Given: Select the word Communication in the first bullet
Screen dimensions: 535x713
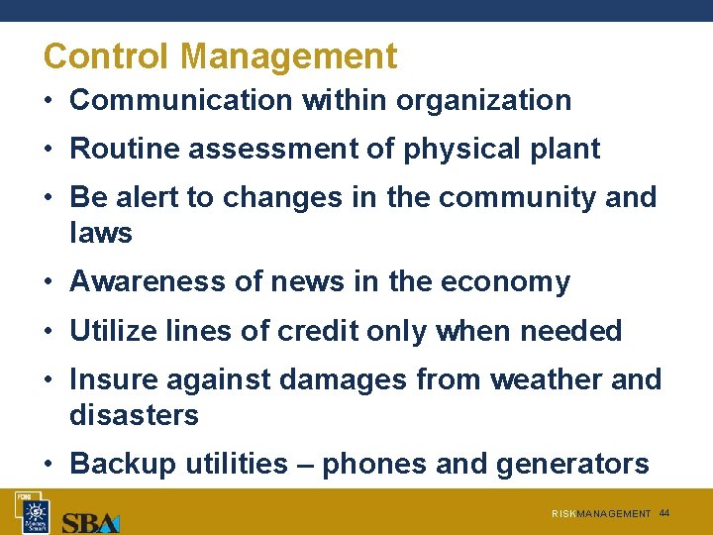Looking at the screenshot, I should pos(181,100).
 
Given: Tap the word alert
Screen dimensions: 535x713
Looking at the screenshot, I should pos(147,197).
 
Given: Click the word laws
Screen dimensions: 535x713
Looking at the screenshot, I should pos(100,233).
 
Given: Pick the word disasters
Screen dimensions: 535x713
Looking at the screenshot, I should pos(134,415).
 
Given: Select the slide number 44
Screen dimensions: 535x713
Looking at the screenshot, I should pos(664,513).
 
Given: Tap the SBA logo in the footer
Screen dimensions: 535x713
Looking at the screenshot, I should pos(90,521).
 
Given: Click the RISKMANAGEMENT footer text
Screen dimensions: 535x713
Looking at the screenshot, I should pos(601,514).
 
